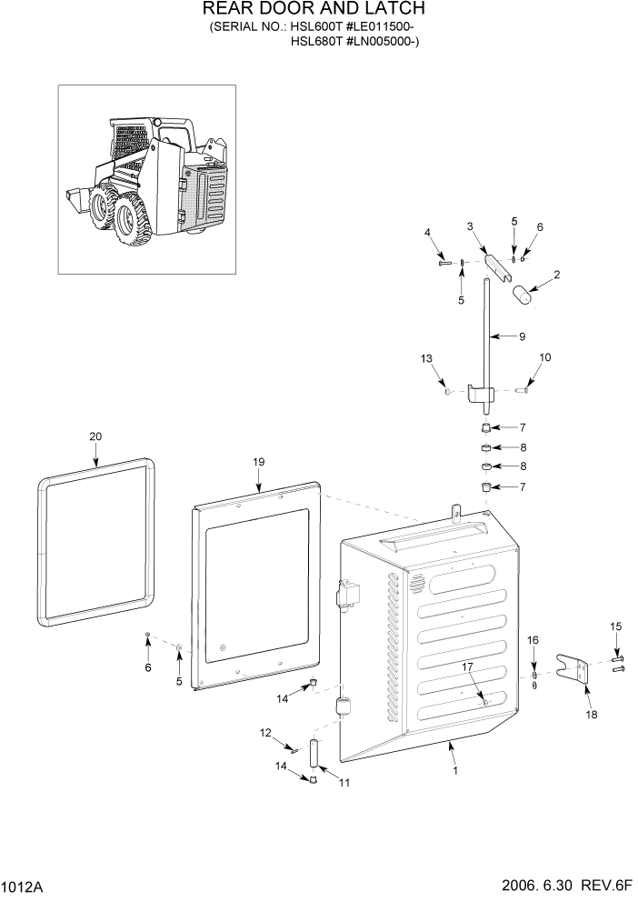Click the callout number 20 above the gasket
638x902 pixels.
pos(95,436)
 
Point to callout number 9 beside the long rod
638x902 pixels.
pos(522,336)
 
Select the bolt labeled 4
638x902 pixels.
pos(444,263)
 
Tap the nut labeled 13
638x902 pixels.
pos(448,390)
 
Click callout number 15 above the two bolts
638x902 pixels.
pos(615,626)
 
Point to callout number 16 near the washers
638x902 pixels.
pos(533,641)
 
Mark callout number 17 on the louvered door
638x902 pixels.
pos(468,668)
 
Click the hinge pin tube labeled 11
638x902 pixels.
pos(314,754)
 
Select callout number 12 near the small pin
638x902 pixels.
pos(266,733)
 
